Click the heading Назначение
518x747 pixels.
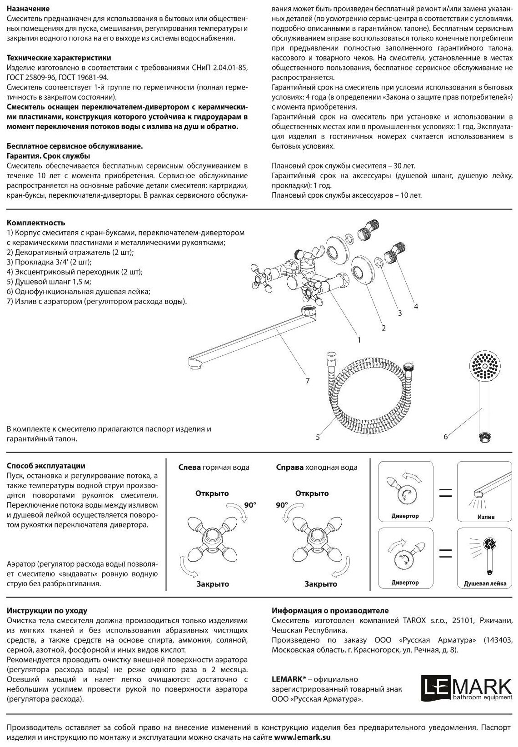[29, 9]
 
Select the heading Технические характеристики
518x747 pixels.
[59, 58]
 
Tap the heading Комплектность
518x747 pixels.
[36, 223]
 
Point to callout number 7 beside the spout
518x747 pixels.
[308, 381]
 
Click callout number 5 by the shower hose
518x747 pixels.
[318, 437]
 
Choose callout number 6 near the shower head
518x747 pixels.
[446, 437]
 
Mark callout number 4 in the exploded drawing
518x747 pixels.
[416, 307]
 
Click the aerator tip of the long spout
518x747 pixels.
[195, 363]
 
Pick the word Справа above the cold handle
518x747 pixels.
[289, 467]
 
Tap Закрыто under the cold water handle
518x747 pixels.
[321, 584]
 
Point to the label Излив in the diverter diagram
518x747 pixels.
[486, 517]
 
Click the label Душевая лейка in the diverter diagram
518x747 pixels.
[485, 583]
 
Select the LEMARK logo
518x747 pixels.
[467, 689]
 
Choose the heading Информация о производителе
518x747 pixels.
[330, 611]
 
